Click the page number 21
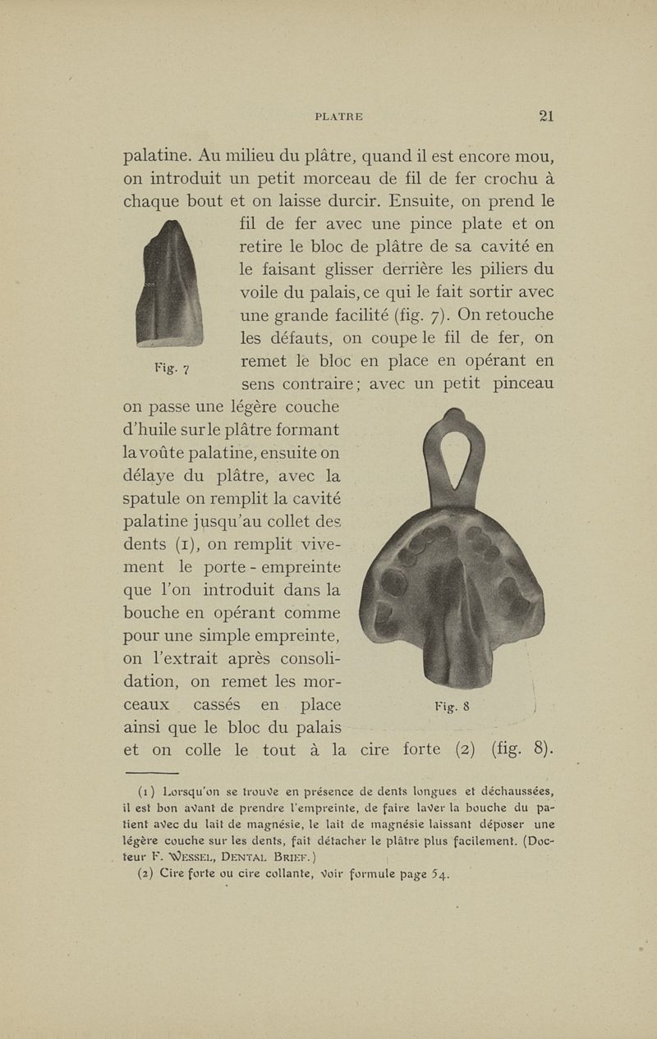(546, 116)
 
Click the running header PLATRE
(338, 117)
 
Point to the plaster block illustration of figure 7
(171, 286)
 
